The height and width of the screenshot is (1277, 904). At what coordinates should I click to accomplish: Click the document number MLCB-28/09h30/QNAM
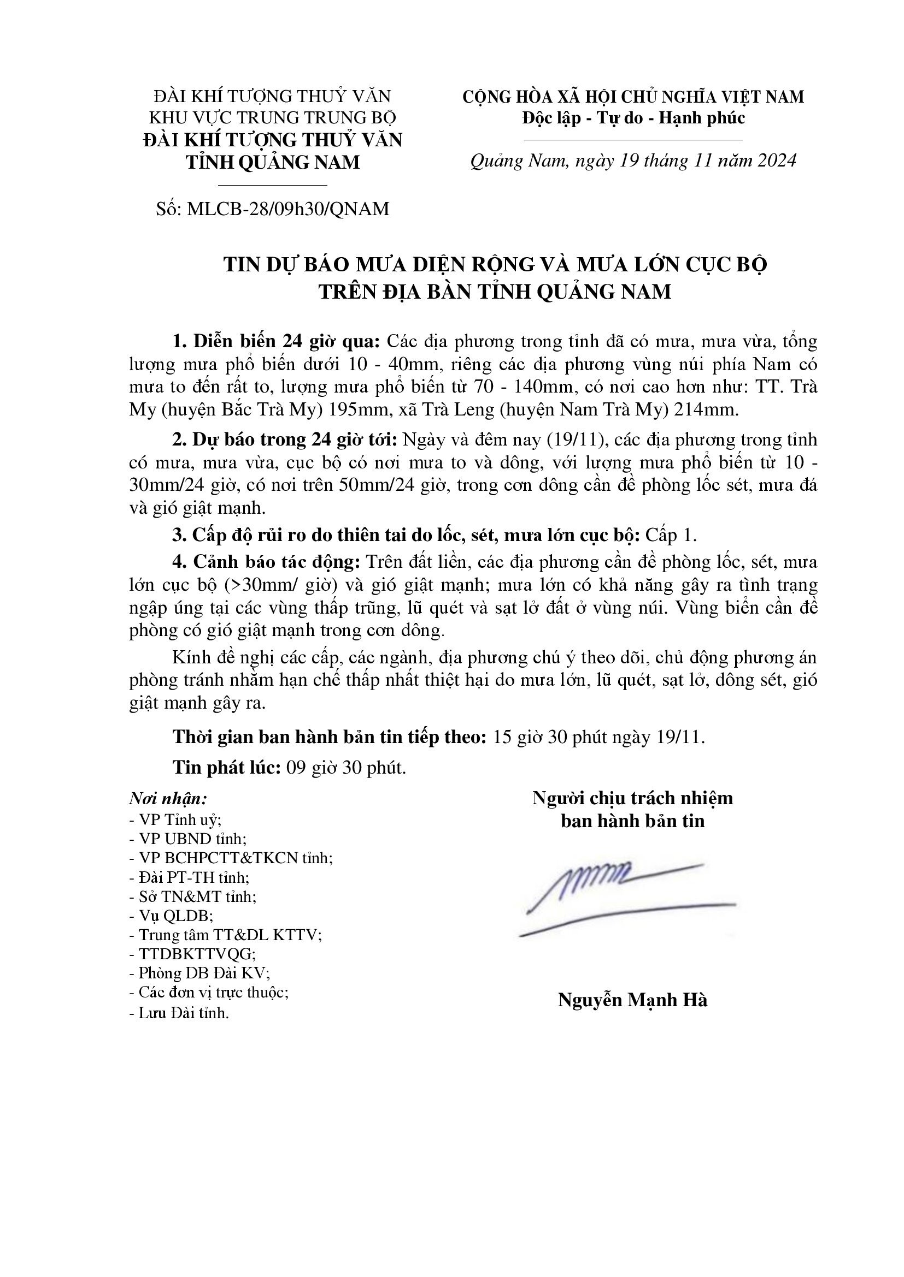tap(289, 209)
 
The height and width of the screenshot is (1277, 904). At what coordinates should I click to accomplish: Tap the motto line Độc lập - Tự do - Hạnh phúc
tap(633, 118)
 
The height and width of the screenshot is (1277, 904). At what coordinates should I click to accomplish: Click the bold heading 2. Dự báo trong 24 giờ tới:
tap(284, 439)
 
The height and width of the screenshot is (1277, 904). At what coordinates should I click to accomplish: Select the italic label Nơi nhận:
tap(168, 799)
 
